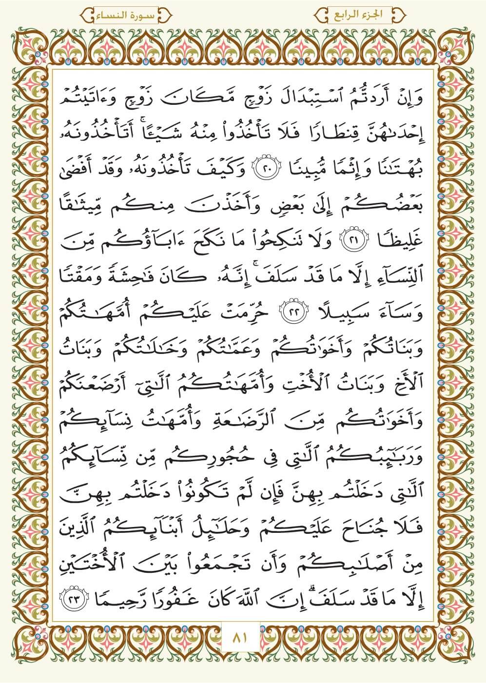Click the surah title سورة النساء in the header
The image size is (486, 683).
[128, 15]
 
